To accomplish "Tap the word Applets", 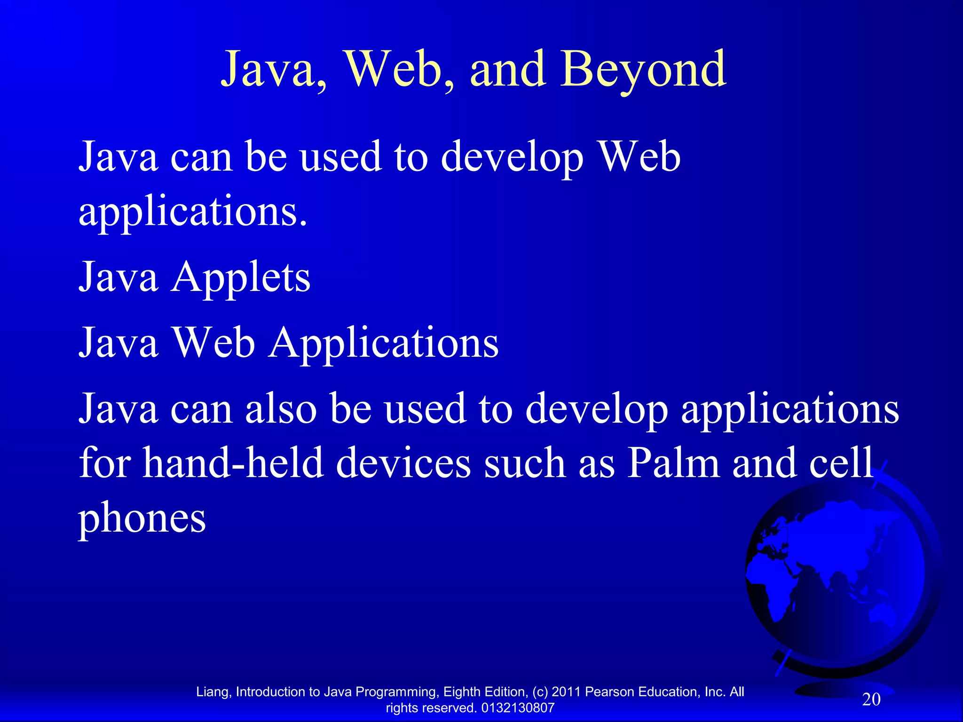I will [241, 278].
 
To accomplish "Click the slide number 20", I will [871, 699].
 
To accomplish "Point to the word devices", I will [403, 463].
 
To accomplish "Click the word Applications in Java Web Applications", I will [383, 343].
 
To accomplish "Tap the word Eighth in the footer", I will [460, 692].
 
